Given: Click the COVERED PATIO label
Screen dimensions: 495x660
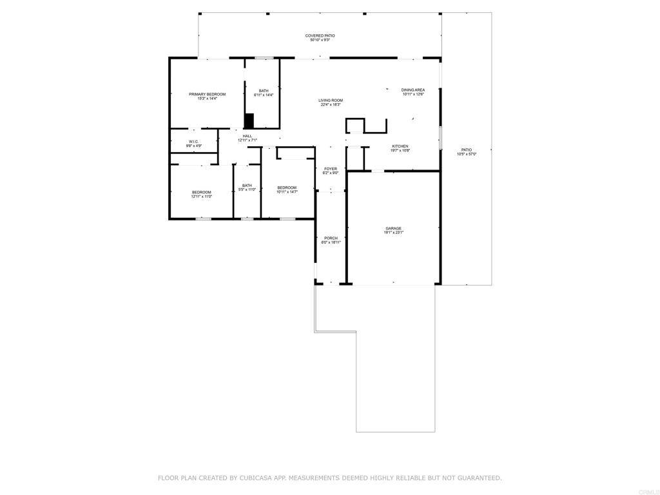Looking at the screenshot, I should tap(320, 35).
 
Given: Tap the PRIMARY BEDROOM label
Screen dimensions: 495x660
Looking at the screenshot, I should tap(207, 94).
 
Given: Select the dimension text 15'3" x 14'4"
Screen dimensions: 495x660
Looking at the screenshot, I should tap(207, 99).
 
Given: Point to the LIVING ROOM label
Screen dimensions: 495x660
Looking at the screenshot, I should tap(331, 101).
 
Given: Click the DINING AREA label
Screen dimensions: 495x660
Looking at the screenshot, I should tap(412, 90).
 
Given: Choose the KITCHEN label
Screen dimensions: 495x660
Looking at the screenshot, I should tap(400, 146).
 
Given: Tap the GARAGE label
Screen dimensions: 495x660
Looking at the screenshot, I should tap(393, 229).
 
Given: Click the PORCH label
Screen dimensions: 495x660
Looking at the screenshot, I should tap(331, 238).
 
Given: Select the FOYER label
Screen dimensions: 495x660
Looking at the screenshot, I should tap(330, 169).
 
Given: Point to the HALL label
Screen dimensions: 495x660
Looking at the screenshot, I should tap(247, 136).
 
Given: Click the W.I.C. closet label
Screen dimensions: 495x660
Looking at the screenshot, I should tap(194, 142).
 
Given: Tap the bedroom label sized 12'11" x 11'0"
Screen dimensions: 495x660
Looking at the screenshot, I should tap(201, 192).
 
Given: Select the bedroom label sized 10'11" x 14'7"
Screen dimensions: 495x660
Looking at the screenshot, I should tap(287, 188).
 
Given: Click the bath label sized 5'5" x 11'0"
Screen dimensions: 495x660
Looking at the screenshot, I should tap(247, 186).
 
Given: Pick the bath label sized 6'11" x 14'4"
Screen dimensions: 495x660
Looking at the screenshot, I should tap(264, 91).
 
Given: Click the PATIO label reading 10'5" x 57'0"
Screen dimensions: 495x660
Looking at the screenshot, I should tap(466, 150).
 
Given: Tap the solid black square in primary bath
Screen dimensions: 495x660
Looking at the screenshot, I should tap(249, 121).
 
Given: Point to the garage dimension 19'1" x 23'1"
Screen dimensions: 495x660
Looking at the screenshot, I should tap(393, 233).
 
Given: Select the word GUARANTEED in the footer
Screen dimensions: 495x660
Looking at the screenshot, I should tap(477, 478).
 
